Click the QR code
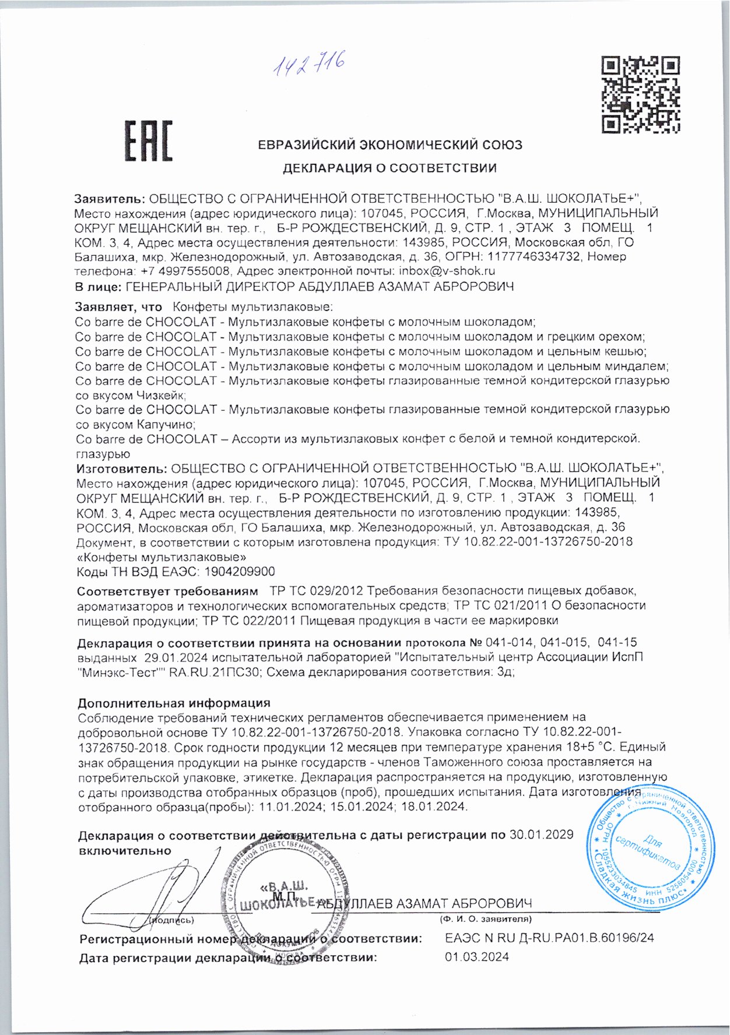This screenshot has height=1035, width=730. point(641,94)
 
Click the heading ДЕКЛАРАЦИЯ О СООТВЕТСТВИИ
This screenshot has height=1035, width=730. point(389,169)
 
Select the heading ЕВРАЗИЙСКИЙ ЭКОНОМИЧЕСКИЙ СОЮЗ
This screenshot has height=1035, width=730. point(390,145)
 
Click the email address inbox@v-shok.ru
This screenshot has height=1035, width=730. point(446,271)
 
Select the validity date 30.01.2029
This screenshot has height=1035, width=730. point(542,835)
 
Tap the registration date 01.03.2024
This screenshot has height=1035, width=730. point(476,957)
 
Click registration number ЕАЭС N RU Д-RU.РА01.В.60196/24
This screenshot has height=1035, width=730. point(549,938)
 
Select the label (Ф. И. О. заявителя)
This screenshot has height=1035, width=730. point(485,919)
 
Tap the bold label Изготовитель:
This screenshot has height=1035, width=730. point(122,468)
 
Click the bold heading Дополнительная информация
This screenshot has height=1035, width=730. point(174,703)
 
